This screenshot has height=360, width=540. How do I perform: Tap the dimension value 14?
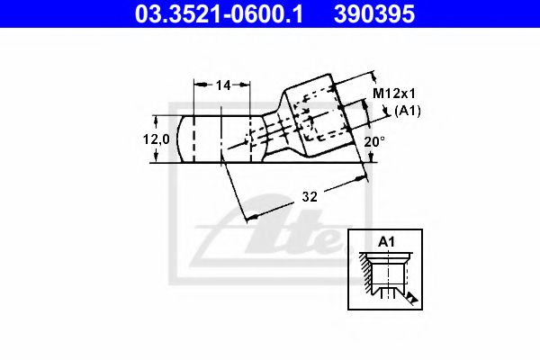point(223,85)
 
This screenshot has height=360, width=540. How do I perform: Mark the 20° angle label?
point(375,141)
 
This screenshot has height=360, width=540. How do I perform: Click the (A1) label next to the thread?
point(409,111)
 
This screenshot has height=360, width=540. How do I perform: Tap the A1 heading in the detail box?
point(386,241)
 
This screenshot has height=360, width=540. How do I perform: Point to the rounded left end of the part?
point(185,139)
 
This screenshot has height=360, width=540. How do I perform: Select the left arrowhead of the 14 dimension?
point(199,85)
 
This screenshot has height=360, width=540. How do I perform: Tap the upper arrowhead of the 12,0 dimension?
point(158,119)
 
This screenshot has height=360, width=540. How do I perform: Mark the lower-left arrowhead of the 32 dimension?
point(251,216)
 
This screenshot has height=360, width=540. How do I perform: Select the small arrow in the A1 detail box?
point(410,296)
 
